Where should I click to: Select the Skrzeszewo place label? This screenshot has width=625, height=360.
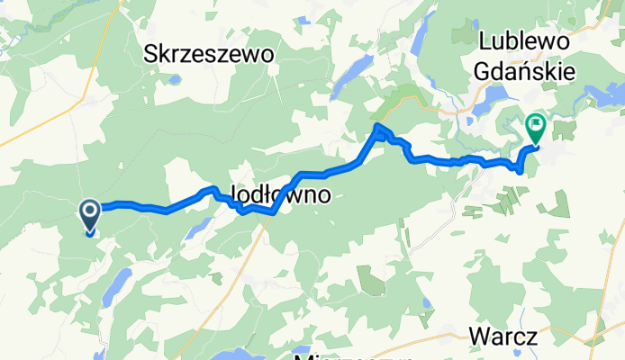click(x=209, y=55)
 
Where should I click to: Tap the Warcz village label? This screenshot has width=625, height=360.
click(x=503, y=337)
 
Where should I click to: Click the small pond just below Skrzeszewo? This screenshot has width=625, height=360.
click(x=174, y=79)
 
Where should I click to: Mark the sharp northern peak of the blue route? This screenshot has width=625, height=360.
click(x=378, y=128)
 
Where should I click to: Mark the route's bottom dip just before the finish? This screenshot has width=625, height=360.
click(x=521, y=170)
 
